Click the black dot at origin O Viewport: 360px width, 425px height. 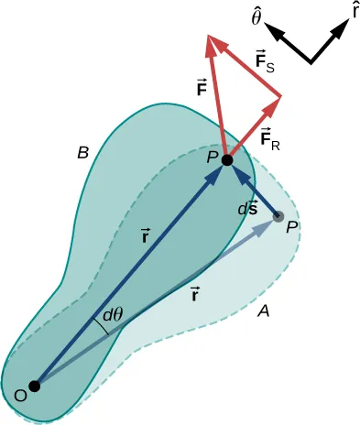pos(35,386)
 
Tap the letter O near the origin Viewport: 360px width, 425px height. pos(20,396)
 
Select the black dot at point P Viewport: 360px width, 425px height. pos(227,160)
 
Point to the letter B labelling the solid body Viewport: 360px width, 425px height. pos(82,154)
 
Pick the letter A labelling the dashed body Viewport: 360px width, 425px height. pos(263,311)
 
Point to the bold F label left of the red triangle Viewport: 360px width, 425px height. pos(201,89)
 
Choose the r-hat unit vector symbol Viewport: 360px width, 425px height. pos(354,11)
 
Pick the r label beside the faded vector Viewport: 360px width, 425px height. pos(195,294)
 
